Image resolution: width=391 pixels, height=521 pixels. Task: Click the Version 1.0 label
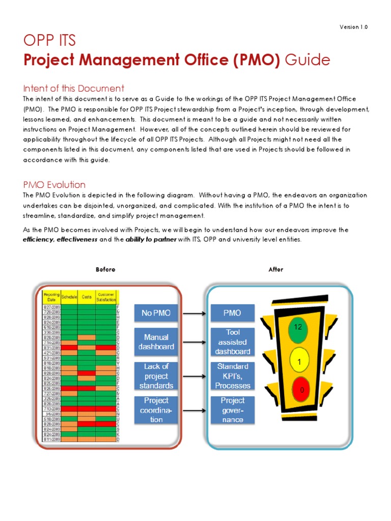point(353,27)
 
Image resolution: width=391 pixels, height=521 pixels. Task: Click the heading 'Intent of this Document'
point(74,88)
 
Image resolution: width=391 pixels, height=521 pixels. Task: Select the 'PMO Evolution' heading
point(54,184)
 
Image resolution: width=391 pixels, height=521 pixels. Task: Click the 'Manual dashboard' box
point(156,342)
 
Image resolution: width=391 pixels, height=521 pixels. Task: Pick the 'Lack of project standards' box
point(156,376)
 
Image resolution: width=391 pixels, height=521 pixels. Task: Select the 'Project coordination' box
point(156,410)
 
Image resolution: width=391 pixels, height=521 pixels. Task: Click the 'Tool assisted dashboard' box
point(232,342)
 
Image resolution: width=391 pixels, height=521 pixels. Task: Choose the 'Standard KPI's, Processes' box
point(232,376)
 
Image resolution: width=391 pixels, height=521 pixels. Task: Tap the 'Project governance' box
point(232,410)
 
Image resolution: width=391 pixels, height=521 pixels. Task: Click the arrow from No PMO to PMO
point(194,313)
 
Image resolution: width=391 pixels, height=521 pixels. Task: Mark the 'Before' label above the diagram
point(105,270)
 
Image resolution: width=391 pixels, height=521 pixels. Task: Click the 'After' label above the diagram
point(275,270)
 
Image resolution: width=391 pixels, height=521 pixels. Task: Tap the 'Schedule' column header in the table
point(69,296)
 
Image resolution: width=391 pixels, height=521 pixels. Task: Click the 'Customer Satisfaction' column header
point(106,296)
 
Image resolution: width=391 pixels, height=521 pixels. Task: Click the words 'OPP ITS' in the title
point(49,41)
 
